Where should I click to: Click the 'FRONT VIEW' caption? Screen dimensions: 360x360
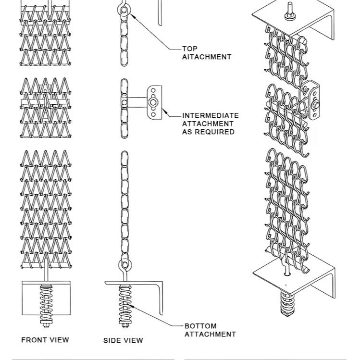45,340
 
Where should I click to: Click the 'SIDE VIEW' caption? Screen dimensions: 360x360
123,340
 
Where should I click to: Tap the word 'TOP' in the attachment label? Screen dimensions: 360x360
190,49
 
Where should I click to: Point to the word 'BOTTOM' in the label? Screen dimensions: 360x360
200,326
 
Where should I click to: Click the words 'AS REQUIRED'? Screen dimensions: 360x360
208,132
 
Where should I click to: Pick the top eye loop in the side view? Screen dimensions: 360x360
124,10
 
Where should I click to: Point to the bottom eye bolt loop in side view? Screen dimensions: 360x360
124,264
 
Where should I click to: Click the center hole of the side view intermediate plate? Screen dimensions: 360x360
153,102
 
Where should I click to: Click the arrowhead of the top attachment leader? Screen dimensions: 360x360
131,14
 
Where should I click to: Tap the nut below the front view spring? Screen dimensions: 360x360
47,325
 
